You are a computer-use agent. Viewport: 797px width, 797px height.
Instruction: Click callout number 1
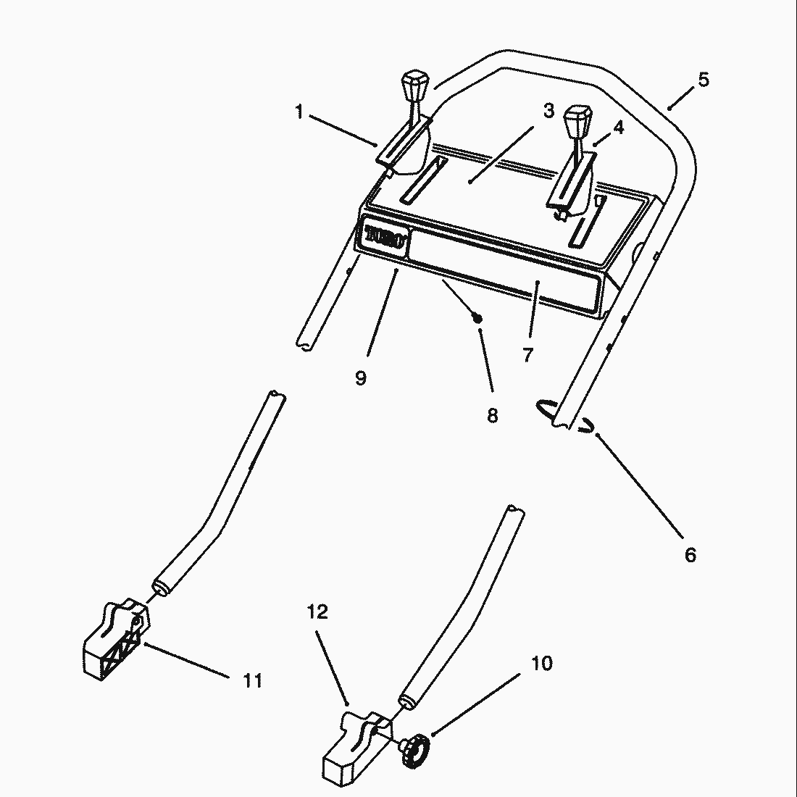299,112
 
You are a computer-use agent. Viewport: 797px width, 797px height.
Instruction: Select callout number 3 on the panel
548,110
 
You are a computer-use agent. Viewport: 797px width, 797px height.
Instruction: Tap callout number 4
618,127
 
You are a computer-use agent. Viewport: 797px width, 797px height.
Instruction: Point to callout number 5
704,80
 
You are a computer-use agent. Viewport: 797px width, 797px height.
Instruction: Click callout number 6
690,554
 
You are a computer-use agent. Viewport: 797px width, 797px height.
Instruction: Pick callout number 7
527,354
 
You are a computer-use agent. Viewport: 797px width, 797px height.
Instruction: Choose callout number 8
492,415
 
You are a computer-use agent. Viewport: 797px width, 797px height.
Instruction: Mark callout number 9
360,377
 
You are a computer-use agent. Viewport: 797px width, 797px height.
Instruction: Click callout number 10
542,663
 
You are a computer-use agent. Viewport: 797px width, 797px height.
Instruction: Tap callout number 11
253,680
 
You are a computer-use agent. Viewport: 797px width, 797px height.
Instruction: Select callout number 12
317,612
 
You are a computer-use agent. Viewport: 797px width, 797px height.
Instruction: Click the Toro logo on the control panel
385,237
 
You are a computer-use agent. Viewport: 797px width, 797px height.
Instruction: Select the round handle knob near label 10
415,750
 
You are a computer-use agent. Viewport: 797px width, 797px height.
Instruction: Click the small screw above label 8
477,319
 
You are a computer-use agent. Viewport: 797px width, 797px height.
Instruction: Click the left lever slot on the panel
423,180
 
